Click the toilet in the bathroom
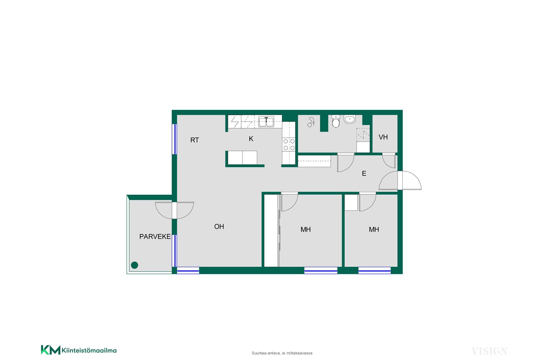tap(336, 121)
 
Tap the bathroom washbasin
tap(350, 119)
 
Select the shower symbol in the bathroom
tap(311, 122)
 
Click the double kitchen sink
tap(266, 122)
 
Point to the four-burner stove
tap(289, 145)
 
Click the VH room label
tap(383, 137)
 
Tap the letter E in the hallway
tap(364, 173)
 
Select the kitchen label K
tap(251, 139)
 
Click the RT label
tap(195, 140)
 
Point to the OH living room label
tap(219, 227)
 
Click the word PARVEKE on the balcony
tap(155, 237)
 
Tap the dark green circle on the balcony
tap(135, 265)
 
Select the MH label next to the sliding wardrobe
tap(306, 230)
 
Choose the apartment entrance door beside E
tap(400, 181)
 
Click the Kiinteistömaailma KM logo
tap(79, 350)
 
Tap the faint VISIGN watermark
tap(489, 351)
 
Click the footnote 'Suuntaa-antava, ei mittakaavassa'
tap(282, 353)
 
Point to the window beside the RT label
tap(175, 139)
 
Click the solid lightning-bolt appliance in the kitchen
tap(235, 122)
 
